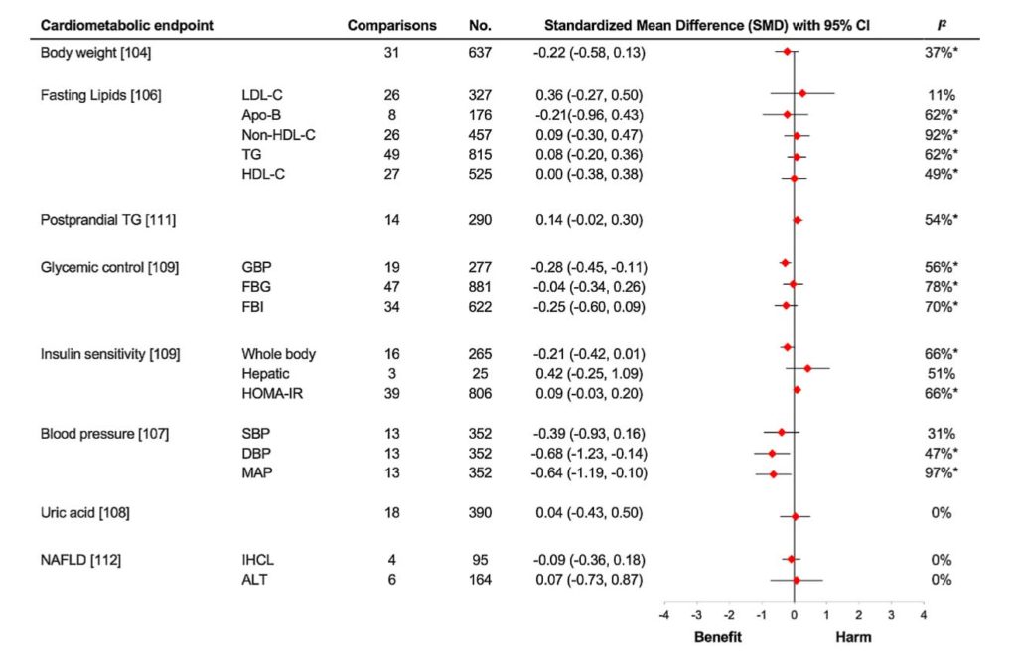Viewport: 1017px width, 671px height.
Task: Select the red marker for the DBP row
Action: click(x=772, y=453)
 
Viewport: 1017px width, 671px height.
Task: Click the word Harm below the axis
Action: click(x=852, y=637)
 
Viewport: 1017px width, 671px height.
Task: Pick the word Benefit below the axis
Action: click(x=718, y=637)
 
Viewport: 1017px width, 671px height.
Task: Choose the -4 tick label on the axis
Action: click(x=664, y=616)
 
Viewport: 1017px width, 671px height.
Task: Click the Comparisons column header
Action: click(x=391, y=24)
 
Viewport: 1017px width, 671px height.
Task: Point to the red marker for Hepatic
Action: click(x=807, y=369)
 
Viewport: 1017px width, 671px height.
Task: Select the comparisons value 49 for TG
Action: click(x=391, y=155)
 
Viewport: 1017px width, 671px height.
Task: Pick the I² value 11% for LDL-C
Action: click(x=941, y=95)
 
